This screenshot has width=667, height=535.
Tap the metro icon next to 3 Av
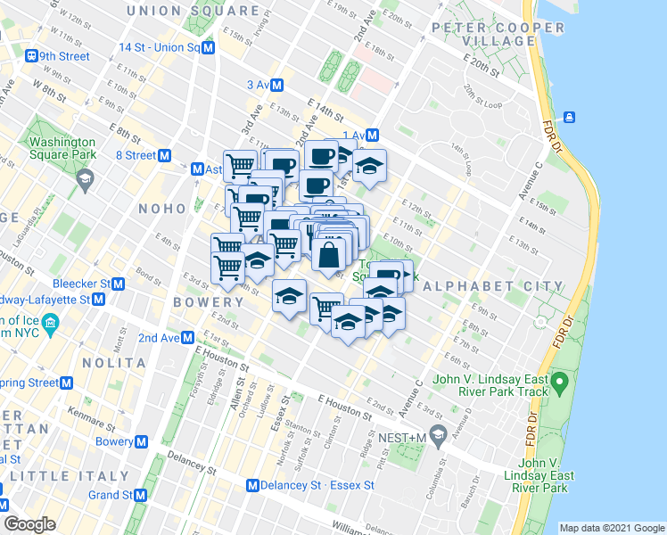[277, 86]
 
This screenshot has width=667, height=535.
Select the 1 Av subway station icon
[373, 136]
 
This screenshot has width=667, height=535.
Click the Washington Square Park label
[62, 148]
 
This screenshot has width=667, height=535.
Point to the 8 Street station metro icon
[165, 155]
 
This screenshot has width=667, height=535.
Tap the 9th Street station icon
[33, 55]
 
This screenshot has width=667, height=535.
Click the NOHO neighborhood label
[161, 208]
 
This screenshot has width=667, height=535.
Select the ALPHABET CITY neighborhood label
[493, 286]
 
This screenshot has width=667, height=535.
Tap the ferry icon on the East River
[568, 117]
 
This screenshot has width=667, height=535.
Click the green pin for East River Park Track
[560, 384]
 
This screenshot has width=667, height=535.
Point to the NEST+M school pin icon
[437, 434]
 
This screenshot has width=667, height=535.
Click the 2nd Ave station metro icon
[188, 338]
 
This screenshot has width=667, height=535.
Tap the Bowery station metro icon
[141, 441]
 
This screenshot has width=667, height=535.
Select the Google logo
[30, 524]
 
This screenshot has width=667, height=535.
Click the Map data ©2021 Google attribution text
[611, 528]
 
